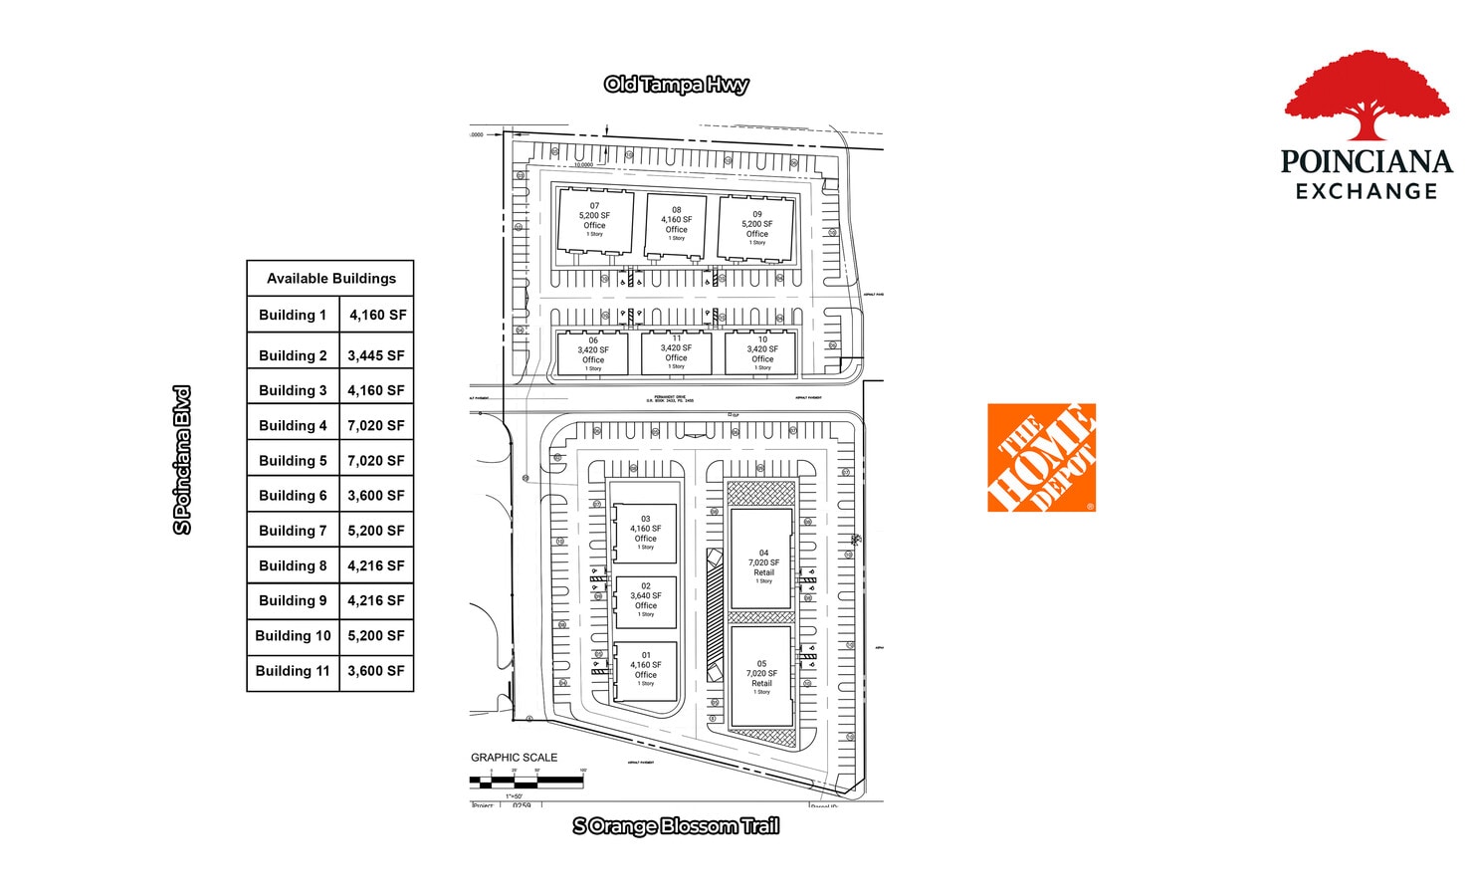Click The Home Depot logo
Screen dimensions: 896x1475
coord(1041,458)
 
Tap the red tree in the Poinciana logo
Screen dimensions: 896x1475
coord(1367,95)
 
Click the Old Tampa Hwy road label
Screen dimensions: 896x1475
coord(676,85)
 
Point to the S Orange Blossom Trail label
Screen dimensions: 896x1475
coord(676,825)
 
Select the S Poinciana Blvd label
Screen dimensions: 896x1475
coord(182,460)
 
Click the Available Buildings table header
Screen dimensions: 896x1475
coord(330,279)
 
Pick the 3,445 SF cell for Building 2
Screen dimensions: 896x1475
coord(376,355)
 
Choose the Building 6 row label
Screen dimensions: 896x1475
coord(293,495)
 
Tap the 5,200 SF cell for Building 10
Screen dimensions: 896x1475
coord(376,635)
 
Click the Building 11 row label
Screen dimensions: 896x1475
coord(293,671)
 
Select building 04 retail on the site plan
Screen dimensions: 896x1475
coord(762,560)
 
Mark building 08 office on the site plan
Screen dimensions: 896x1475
coord(676,224)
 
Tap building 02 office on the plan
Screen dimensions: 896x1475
coord(646,600)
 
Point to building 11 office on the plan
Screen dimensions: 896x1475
coord(677,352)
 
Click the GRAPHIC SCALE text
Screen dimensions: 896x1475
coord(514,758)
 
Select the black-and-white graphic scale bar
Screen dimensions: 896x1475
coord(527,782)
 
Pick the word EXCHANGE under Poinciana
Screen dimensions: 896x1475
coord(1367,191)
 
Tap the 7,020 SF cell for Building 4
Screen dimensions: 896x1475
coord(376,425)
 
